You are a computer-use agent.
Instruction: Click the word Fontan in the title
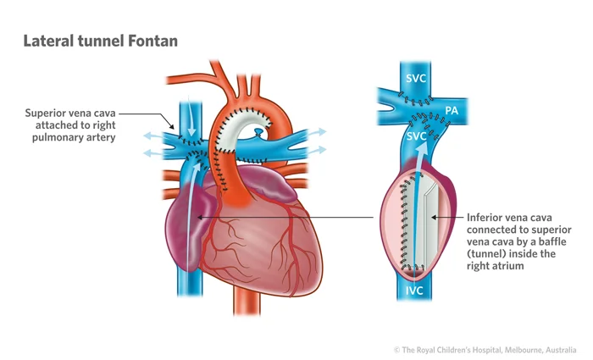click(149, 41)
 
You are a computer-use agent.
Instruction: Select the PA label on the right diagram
click(451, 112)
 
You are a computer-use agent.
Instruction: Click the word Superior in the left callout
click(47, 113)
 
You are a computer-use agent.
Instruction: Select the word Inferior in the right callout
click(486, 217)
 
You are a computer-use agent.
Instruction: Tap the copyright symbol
click(396, 349)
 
